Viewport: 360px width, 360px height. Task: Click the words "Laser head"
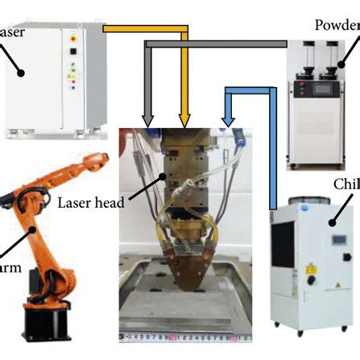[90, 202]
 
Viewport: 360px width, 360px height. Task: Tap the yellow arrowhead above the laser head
[184, 121]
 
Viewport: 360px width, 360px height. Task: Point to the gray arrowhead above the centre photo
[148, 120]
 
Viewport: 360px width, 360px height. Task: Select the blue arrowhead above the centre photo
[229, 121]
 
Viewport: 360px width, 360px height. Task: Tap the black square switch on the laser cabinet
[73, 50]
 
